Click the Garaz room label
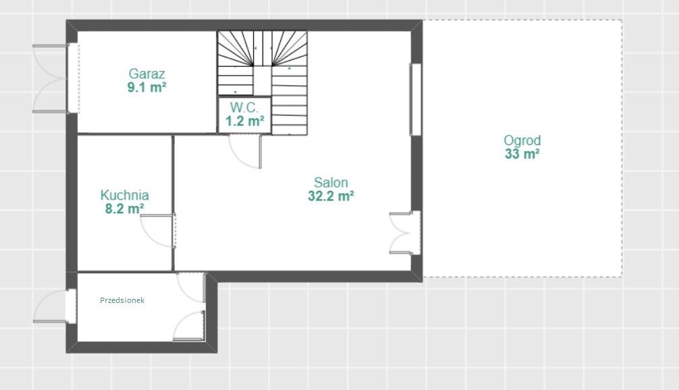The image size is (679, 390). (x=146, y=74)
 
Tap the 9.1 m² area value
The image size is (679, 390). (x=146, y=88)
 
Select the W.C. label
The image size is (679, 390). (x=244, y=107)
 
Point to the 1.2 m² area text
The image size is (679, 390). (x=244, y=121)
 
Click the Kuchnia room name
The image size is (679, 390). (x=125, y=195)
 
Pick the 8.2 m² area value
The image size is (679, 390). (x=125, y=208)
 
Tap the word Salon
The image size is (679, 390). (x=331, y=182)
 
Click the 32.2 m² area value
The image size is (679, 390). (x=331, y=196)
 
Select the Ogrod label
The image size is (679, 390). (x=522, y=140)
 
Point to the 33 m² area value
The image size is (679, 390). (x=522, y=154)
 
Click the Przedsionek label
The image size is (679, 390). (x=122, y=300)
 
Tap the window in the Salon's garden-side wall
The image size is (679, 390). (x=416, y=100)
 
